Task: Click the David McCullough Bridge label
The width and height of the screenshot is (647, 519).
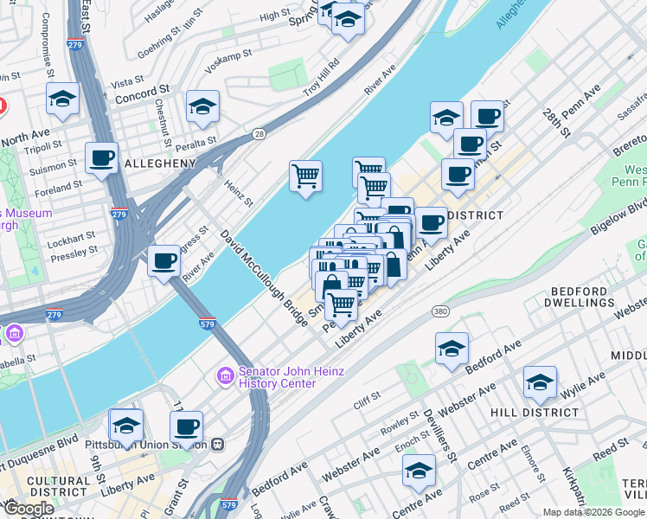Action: tap(264, 278)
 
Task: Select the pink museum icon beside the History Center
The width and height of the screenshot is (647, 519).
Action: tap(225, 377)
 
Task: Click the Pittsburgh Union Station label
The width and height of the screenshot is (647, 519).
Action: tap(146, 445)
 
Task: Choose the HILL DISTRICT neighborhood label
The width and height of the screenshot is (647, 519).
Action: tap(534, 413)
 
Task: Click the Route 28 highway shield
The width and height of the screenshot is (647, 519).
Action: tap(259, 133)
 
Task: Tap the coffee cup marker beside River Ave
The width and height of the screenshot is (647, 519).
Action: tap(163, 260)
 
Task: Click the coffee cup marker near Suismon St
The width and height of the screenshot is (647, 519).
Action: tap(102, 159)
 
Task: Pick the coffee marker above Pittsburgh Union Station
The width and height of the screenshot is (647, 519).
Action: tap(187, 426)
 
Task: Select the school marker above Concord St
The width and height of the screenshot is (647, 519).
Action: tap(63, 100)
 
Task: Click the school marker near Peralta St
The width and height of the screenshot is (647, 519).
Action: tap(202, 107)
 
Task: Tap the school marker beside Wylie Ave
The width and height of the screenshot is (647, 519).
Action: tap(539, 382)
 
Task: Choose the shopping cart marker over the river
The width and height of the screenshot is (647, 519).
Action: tap(305, 176)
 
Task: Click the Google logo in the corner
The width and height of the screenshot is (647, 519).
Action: tap(29, 509)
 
